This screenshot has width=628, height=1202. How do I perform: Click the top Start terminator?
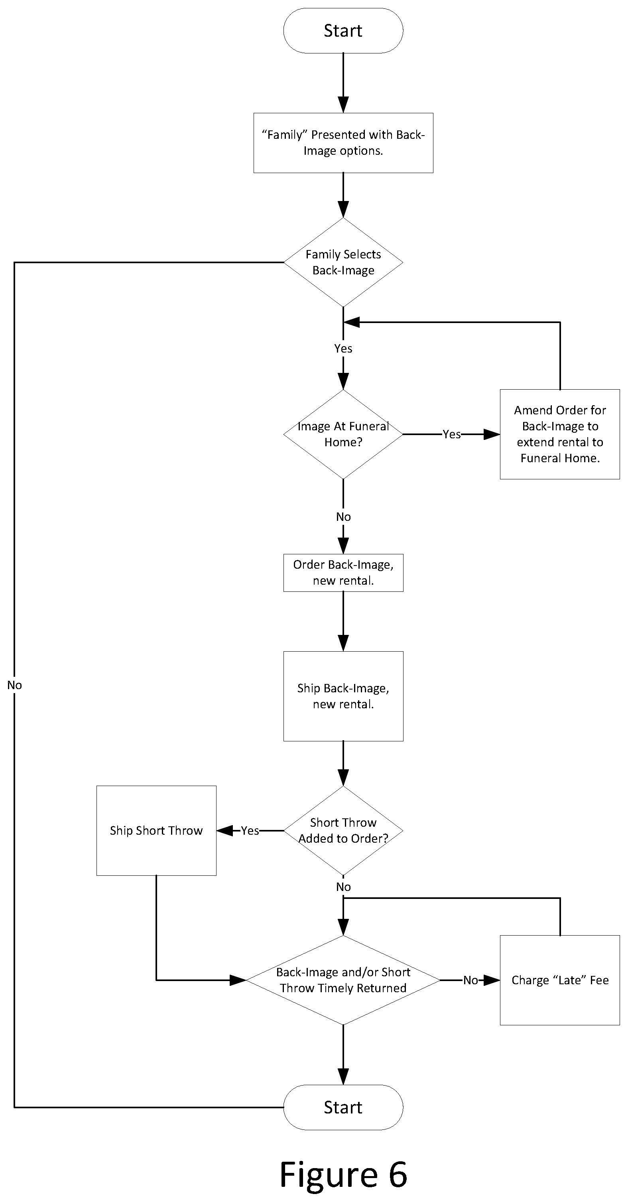343,31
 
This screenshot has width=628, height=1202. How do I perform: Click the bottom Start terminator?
343,1107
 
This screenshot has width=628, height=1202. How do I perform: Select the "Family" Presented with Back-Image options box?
343,143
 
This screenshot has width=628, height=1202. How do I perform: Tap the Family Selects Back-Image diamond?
343,262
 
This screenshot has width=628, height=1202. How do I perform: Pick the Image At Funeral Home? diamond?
343,434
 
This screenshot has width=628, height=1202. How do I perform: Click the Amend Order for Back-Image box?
560,434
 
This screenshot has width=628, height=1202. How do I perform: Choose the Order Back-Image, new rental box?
343,573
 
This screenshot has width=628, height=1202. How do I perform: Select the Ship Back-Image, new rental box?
343,696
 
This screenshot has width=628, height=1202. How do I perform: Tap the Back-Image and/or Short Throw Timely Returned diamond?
343,980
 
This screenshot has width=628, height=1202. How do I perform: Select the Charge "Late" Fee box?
560,980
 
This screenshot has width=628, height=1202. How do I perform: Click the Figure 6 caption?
343,1174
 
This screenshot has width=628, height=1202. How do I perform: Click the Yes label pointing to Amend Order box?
452,434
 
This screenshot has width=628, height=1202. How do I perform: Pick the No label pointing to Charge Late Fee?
470,980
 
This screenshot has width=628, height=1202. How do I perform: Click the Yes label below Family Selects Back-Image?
343,348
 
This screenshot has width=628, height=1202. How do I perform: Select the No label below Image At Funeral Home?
343,516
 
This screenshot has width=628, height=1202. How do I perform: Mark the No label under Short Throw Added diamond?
343,887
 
